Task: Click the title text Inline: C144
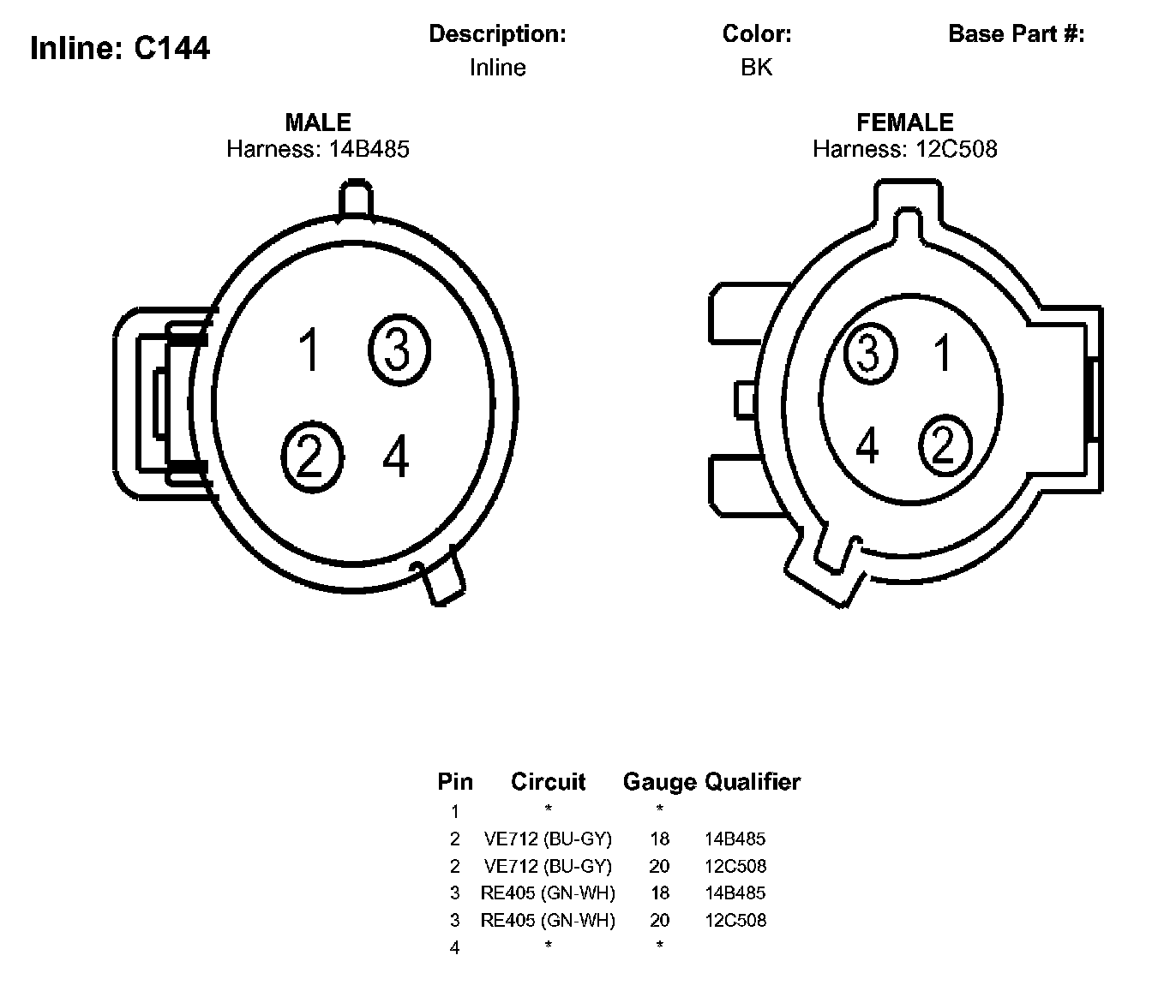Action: pos(119,48)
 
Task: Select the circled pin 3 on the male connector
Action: pos(399,349)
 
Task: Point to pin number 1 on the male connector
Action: pos(309,350)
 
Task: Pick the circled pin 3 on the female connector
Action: pos(869,353)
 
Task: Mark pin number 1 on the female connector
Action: pos(943,352)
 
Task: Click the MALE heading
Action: pos(318,122)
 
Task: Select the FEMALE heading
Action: pos(905,122)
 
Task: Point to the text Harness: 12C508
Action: pos(905,149)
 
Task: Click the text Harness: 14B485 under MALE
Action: pos(318,149)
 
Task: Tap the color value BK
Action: pos(756,68)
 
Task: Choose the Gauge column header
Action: pos(659,781)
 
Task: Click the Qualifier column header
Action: pos(753,781)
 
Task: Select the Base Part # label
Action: pos(1017,34)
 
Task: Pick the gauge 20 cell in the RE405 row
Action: pos(659,920)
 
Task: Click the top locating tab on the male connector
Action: pos(356,200)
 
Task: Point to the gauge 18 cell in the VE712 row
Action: pos(659,839)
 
